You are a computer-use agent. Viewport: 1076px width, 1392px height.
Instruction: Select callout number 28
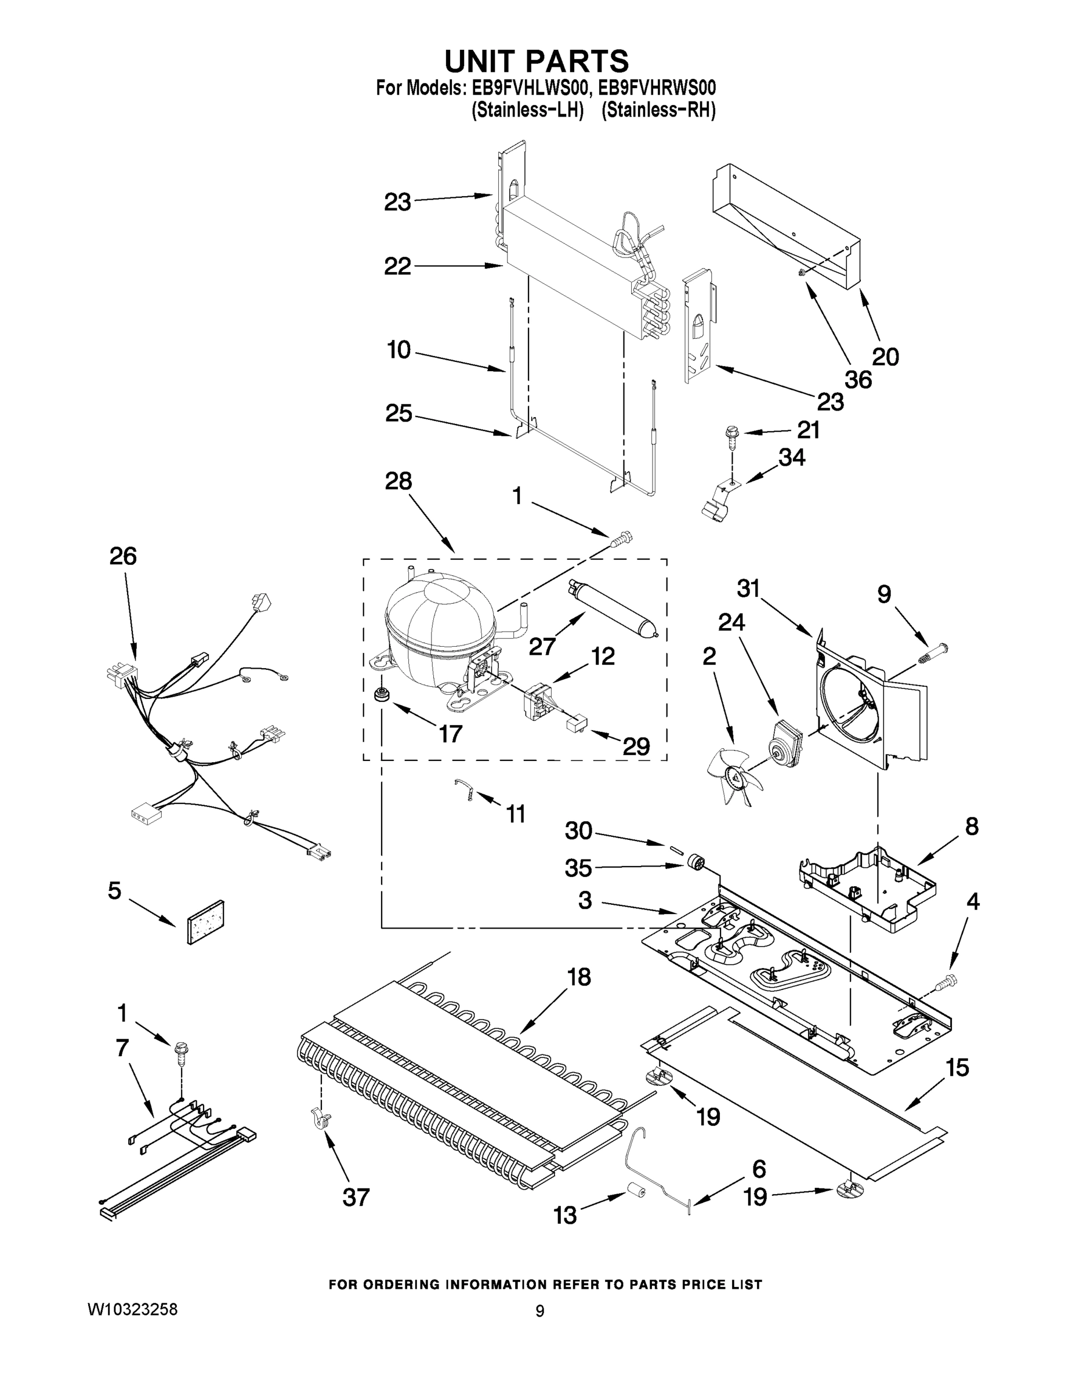click(x=398, y=481)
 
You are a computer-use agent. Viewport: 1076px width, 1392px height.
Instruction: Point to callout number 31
click(x=748, y=589)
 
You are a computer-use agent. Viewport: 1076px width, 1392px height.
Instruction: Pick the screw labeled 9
click(x=932, y=654)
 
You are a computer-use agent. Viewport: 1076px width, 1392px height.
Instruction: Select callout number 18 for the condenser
click(x=579, y=977)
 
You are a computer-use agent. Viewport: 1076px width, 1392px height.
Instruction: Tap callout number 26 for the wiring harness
click(x=122, y=556)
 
